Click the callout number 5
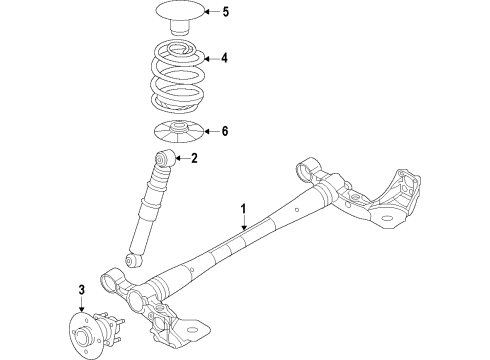[226, 13]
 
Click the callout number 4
[224, 59]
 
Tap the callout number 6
[225, 132]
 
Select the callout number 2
[194, 157]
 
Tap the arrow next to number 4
[207, 59]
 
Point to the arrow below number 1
[242, 227]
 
